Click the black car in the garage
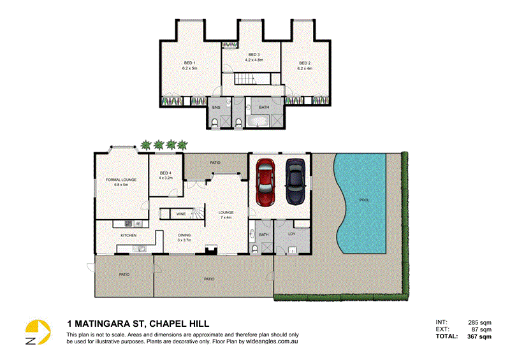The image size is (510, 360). click(x=295, y=181)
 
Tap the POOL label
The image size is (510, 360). click(x=364, y=200)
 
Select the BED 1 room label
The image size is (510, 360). click(x=189, y=62)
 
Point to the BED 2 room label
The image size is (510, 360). click(x=305, y=62)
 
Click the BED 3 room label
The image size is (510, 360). click(x=254, y=55)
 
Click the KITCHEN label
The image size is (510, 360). click(x=129, y=235)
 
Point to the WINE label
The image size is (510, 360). click(x=182, y=214)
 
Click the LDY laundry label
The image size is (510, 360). click(x=291, y=234)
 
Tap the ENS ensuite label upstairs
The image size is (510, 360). click(x=216, y=108)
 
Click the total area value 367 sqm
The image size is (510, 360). click(x=479, y=336)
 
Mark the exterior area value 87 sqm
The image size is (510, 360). click(x=481, y=329)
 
